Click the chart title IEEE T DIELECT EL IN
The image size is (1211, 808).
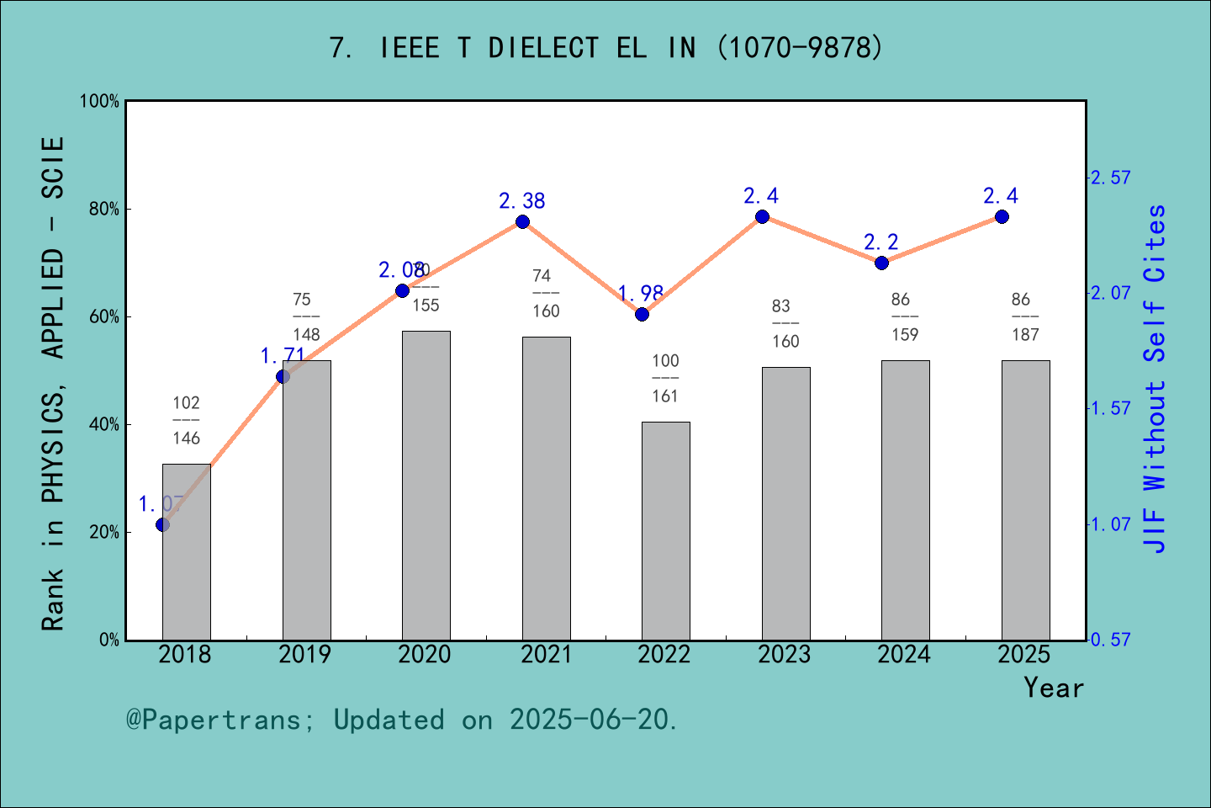605,48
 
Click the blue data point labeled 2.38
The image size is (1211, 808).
522,222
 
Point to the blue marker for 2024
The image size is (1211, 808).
881,263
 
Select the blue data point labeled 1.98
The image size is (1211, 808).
642,314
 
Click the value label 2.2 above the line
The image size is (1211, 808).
880,242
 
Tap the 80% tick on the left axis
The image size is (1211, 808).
104,210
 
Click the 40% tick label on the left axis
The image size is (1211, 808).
104,425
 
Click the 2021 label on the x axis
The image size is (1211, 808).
545,654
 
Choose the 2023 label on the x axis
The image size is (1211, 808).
784,654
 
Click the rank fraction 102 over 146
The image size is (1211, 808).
186,420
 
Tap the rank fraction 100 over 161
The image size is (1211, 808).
665,378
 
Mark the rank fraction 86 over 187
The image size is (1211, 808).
1024,316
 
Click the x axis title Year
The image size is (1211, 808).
1053,688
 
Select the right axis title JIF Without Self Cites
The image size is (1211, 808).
1155,379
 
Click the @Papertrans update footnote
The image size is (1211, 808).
402,720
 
